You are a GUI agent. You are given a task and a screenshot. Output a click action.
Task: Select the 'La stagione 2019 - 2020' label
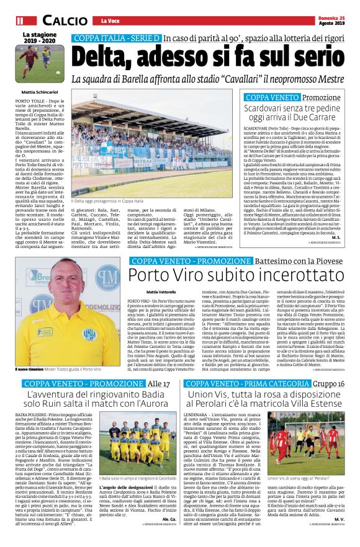click(x=38, y=38)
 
